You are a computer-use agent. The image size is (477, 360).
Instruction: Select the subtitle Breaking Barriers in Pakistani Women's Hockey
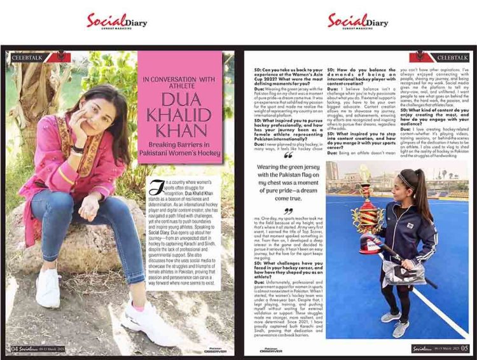pos(180,146)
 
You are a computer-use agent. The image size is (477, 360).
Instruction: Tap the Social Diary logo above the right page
pos(358,20)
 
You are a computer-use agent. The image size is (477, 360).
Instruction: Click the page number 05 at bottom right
pos(464,348)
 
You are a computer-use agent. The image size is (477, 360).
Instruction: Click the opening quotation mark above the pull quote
pos(288,155)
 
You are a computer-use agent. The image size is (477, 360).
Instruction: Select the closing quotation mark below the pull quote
pos(288,211)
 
